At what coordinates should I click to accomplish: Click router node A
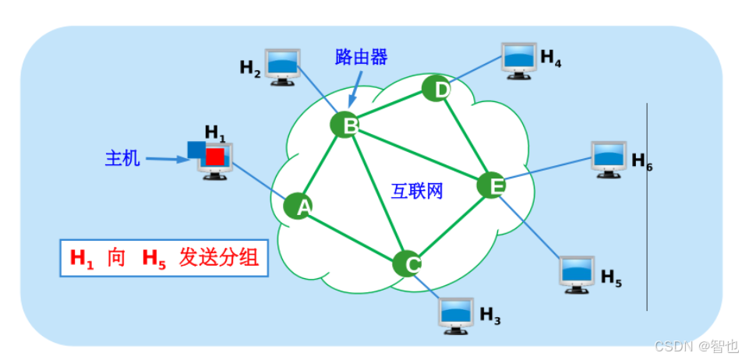[x=298, y=206]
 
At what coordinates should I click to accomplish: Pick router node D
[x=436, y=88]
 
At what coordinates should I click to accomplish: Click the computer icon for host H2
[x=283, y=64]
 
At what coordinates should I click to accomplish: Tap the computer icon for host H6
[x=609, y=158]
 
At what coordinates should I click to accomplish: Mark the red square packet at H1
[x=215, y=157]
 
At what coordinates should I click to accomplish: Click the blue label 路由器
[x=361, y=56]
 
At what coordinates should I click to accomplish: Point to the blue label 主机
[x=122, y=158]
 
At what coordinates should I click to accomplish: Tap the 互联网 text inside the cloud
[x=417, y=191]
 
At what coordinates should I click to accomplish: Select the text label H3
[x=489, y=315]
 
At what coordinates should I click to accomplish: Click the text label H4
[x=550, y=58]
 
